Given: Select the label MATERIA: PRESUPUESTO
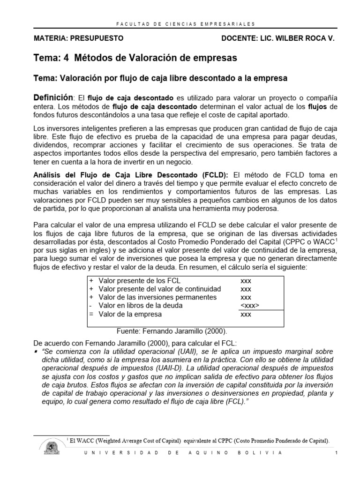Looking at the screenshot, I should click(x=79, y=38).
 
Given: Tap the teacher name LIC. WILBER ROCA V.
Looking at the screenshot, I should click(x=297, y=38).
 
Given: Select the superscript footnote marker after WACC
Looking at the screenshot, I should click(x=337, y=239).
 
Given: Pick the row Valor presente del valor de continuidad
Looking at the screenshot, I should click(x=159, y=289).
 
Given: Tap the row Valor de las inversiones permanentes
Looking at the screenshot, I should click(x=157, y=297).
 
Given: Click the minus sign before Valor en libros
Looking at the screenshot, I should click(x=90, y=306).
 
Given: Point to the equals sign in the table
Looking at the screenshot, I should click(x=91, y=314).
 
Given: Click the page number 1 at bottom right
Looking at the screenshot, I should click(x=337, y=453).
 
